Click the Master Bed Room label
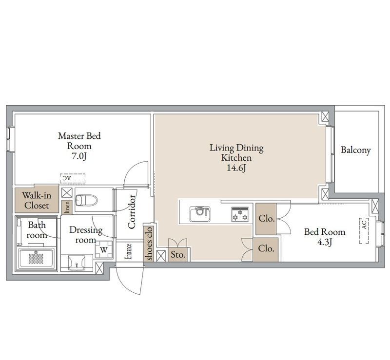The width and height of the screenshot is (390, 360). point(79,141)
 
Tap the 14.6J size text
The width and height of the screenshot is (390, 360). point(236,168)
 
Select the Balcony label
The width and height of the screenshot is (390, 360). point(355,150)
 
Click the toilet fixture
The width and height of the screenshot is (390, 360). point(86,200)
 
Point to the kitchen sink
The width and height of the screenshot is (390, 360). point(200,213)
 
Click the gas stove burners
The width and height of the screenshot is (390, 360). point(240,214)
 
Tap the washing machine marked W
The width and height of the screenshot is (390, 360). point(104,249)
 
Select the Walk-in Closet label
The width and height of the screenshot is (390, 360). point(37,200)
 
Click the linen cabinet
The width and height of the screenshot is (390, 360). point(67,208)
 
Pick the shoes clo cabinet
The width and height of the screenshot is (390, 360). point(149,244)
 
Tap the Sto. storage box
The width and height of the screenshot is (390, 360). point(178,254)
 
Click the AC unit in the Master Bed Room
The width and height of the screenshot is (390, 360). point(73,178)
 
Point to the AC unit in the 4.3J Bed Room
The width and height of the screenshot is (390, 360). point(364,231)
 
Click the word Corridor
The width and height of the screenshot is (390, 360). point(132,212)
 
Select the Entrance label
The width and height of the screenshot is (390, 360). point(129,251)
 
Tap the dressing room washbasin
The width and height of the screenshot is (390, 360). point(77,263)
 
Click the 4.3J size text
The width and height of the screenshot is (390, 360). point(325,242)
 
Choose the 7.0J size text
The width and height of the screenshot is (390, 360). point(79,156)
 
